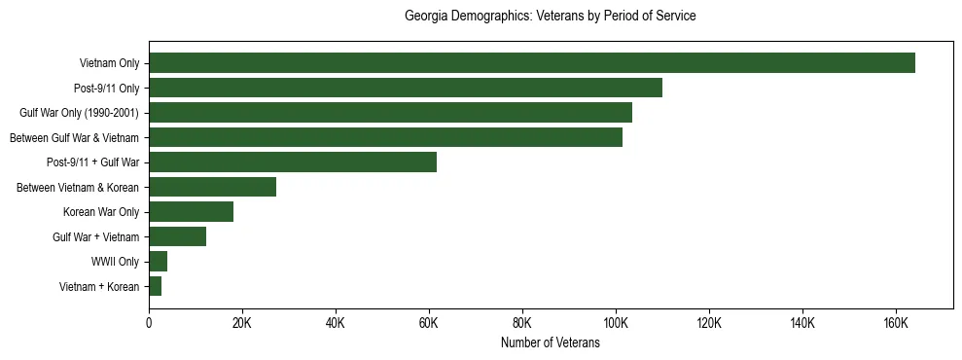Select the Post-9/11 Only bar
405,88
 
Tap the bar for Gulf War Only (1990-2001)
390,113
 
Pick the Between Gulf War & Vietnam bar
385,137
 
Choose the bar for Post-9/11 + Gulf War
293,162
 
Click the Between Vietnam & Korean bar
212,187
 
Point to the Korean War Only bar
191,212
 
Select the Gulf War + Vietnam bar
177,236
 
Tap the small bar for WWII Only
158,261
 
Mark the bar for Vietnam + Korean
155,286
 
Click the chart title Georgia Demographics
550,17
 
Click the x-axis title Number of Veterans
550,343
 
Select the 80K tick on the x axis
522,323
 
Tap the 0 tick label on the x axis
149,323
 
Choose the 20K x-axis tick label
242,323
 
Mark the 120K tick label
708,323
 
